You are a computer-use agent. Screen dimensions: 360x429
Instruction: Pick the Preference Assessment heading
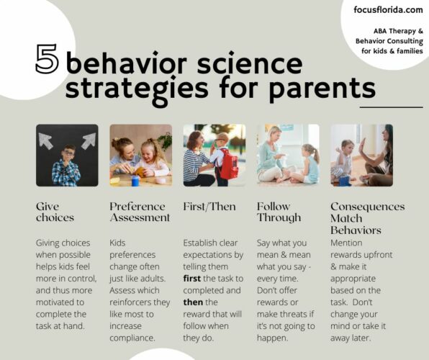click(140, 212)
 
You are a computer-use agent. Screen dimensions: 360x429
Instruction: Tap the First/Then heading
click(209, 207)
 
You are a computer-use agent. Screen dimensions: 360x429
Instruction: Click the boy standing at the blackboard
click(67, 166)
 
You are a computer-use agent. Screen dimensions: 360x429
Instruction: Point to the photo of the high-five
click(361, 156)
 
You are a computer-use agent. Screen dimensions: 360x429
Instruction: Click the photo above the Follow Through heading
click(288, 156)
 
